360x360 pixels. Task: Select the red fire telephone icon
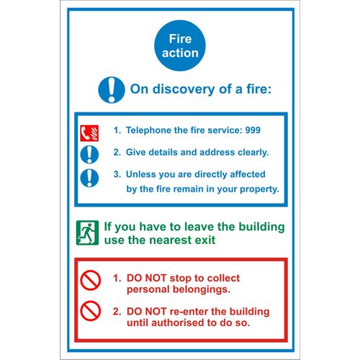click(88, 132)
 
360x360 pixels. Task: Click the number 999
click(251, 131)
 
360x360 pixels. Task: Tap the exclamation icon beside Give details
click(88, 153)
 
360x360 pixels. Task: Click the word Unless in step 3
click(142, 174)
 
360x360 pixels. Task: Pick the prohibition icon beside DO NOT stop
click(89, 282)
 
